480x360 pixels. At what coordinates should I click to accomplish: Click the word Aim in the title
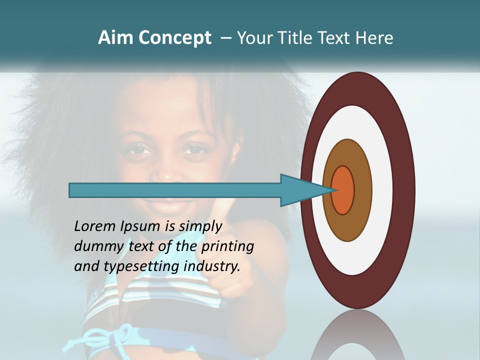(x=116, y=38)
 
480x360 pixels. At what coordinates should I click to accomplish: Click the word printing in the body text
(x=227, y=247)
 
